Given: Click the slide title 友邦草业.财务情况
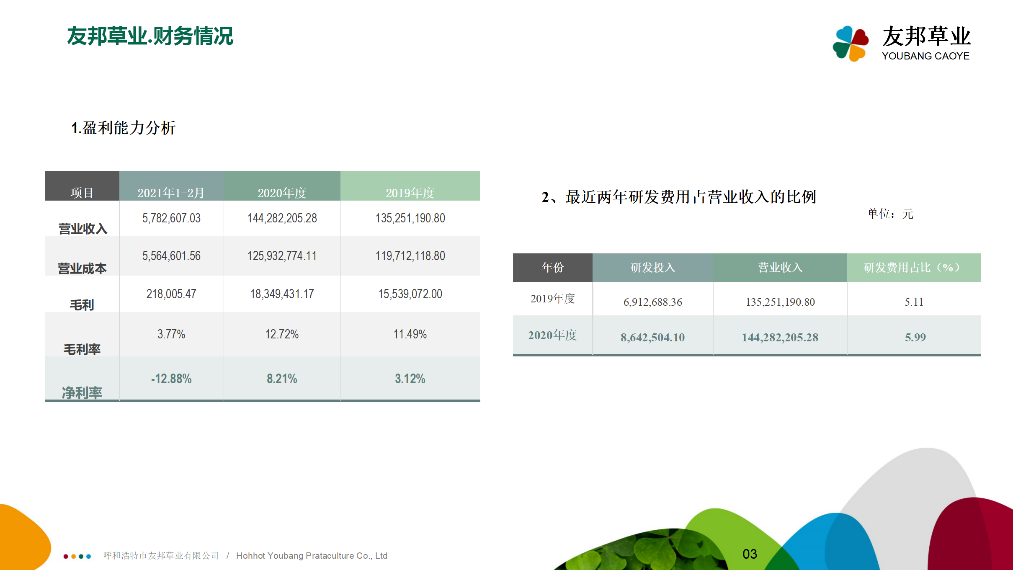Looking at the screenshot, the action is click(150, 36).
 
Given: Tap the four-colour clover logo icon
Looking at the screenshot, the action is click(851, 43).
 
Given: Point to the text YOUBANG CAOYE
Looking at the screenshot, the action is click(925, 56).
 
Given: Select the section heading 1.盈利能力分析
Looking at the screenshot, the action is click(123, 128).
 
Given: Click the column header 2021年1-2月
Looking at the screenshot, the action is click(171, 193).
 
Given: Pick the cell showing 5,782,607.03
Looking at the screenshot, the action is click(171, 218).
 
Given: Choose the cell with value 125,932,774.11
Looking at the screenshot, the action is click(282, 256).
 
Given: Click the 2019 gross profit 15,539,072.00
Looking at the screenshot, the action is click(410, 294).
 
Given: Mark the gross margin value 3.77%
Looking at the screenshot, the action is click(171, 334).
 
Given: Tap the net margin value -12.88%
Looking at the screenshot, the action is click(171, 379).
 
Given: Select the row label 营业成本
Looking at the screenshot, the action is click(82, 268).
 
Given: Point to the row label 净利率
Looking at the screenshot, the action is click(82, 393).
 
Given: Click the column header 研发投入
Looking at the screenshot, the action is click(653, 268).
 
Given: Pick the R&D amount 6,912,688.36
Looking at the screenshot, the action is click(653, 302).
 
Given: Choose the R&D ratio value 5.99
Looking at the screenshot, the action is click(915, 337).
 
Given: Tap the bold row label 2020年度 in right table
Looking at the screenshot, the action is click(552, 335).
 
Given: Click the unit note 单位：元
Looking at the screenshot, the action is click(890, 214).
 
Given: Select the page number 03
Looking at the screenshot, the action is click(750, 554).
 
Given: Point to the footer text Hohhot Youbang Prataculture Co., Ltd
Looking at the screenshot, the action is click(312, 556).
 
